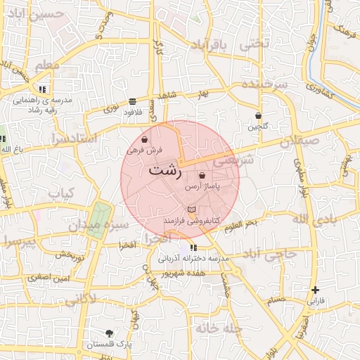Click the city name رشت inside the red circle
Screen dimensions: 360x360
coord(166,170)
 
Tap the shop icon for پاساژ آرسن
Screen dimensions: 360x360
coord(202,176)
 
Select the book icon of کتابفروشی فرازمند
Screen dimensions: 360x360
coord(191,210)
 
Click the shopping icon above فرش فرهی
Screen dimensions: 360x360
coord(145,139)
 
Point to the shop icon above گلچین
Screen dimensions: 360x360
coord(258,115)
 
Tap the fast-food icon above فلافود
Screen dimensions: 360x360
coord(133,101)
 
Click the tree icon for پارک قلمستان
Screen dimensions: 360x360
coord(109,333)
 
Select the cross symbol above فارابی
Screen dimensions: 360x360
coord(316,289)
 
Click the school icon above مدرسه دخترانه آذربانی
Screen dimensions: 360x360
coord(193,247)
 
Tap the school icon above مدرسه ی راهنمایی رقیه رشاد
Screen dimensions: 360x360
coord(43,89)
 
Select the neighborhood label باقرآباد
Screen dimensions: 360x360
coord(210,46)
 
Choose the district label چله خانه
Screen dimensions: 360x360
coord(219,328)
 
